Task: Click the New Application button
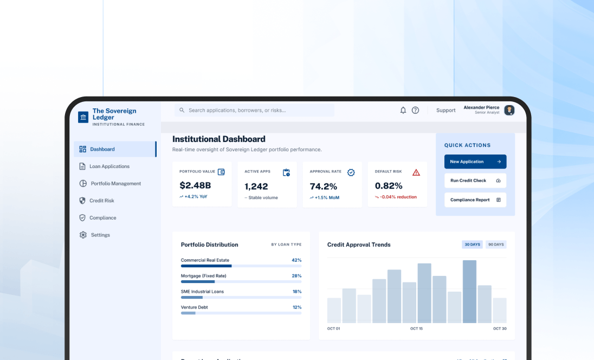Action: [475, 162]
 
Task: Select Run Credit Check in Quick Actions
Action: [475, 181]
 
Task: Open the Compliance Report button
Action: [475, 200]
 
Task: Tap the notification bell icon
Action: [403, 110]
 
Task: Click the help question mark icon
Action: [415, 110]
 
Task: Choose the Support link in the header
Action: [445, 110]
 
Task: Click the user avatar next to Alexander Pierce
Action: [509, 110]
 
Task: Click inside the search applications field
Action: [255, 110]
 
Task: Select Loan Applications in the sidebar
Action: [109, 166]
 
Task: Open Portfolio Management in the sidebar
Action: [115, 183]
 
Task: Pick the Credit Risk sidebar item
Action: [101, 201]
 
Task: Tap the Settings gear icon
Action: [83, 235]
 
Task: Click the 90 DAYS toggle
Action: [495, 245]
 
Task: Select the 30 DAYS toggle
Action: [472, 245]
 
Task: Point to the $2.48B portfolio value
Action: [195, 186]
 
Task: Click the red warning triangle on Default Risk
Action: [416, 172]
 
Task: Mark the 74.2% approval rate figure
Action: [324, 186]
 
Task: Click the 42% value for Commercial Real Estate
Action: [296, 260]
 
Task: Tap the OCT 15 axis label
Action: [416, 329]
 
